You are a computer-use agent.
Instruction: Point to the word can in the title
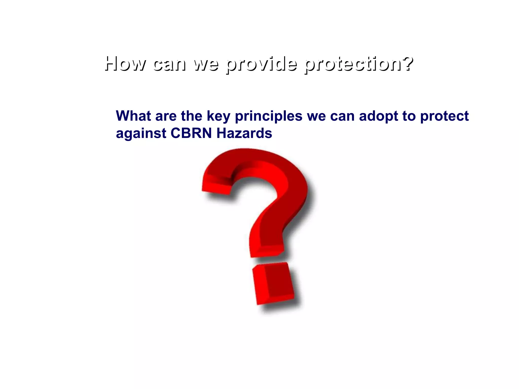tap(169, 64)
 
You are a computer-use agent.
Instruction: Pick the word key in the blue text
tap(218, 116)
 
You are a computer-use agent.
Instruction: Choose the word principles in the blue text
tap(269, 116)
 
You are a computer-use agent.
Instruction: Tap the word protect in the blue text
tap(444, 116)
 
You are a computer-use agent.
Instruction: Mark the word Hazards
tap(244, 133)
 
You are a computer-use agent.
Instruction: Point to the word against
tap(141, 134)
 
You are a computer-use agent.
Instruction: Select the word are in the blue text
tap(166, 116)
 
